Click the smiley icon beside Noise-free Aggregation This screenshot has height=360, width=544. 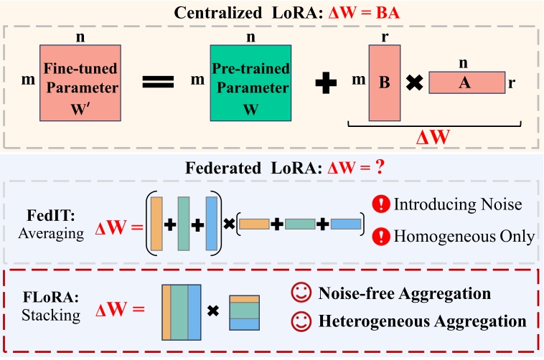click(298, 294)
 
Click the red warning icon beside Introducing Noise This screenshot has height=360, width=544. click(381, 205)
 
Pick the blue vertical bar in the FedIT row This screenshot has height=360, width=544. click(210, 224)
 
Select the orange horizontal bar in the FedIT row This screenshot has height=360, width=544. click(253, 224)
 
